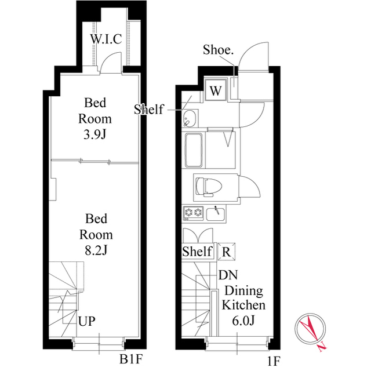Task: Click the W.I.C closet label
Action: tap(106, 39)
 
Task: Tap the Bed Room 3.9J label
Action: tap(95, 119)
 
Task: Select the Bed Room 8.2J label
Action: tap(96, 235)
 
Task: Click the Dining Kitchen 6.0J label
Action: tap(243, 305)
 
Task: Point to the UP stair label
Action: tap(87, 321)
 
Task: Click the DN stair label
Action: tap(228, 275)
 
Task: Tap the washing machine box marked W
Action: tap(216, 90)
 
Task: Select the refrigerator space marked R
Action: tap(227, 252)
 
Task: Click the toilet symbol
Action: tap(209, 187)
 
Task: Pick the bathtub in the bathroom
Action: tap(194, 150)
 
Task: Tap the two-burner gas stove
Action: tap(193, 213)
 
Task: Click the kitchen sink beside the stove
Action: tap(216, 214)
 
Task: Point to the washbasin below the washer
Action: tap(190, 118)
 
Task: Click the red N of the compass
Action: tap(321, 347)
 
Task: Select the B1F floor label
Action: tap(131, 359)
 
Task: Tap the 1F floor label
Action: tap(274, 361)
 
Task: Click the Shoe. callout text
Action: tap(218, 50)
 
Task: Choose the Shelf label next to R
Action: tap(197, 251)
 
